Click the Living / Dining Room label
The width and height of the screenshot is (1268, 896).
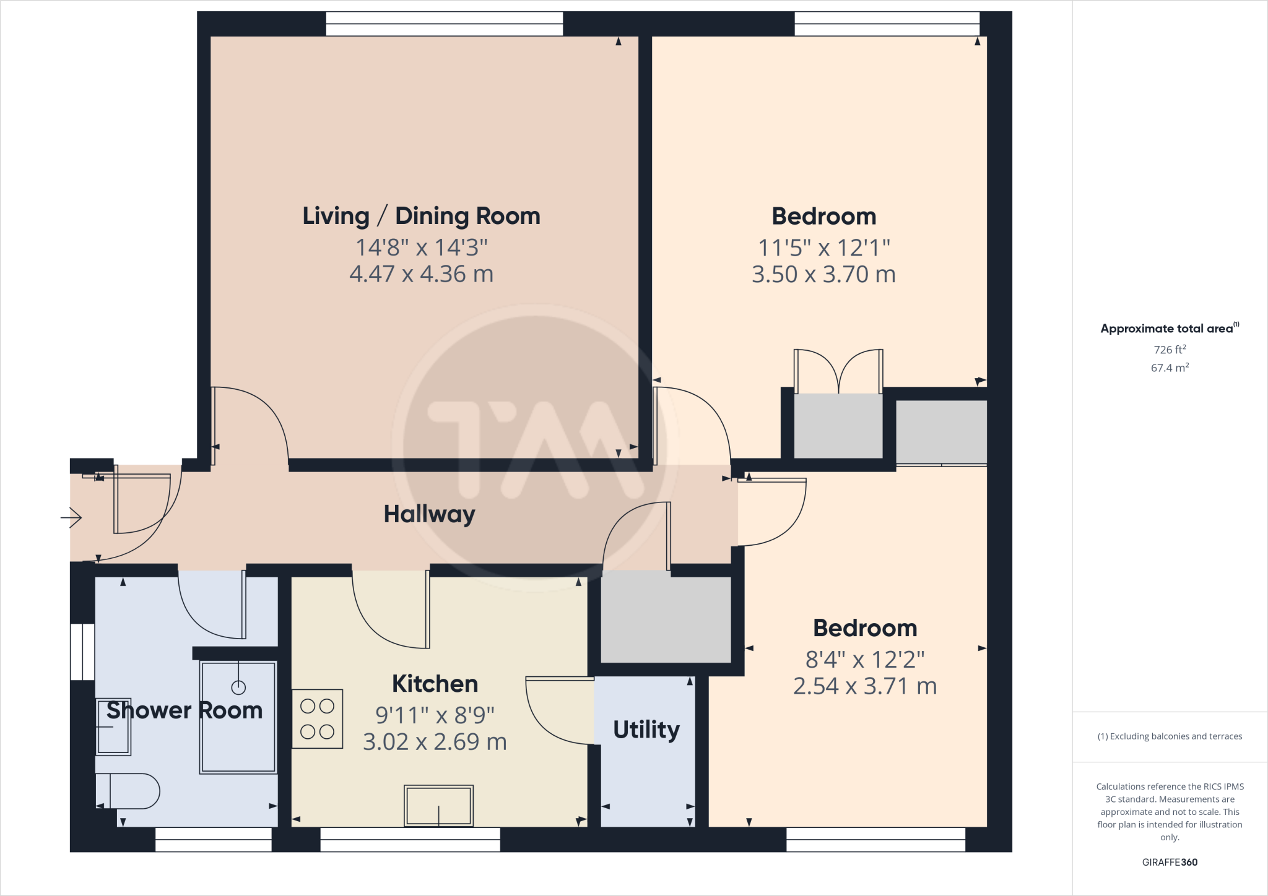[421, 216]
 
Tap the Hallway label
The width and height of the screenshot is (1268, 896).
[429, 514]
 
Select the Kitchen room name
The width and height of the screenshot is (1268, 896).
[435, 684]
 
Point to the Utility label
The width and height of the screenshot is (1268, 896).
[646, 730]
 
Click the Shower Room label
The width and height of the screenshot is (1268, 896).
[185, 710]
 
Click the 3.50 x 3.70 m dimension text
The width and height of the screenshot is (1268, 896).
[823, 274]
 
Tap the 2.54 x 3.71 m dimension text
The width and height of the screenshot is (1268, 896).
[865, 686]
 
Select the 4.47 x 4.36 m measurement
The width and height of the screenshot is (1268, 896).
[421, 274]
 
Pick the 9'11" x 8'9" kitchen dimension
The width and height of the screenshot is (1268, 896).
[435, 715]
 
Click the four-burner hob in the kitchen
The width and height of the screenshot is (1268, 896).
[317, 719]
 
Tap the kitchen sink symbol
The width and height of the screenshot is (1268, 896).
[438, 806]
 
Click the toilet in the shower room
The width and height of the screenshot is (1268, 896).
[128, 791]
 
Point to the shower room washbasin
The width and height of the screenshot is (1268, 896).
[113, 727]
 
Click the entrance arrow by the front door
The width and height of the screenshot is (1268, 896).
[72, 517]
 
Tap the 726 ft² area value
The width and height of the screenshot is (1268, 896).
[1169, 350]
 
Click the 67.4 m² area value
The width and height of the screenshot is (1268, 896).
[1169, 368]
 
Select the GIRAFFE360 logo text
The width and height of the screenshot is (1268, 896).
[1169, 862]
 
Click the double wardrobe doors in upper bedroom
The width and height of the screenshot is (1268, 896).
[838, 371]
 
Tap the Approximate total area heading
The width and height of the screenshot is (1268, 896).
[1167, 329]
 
